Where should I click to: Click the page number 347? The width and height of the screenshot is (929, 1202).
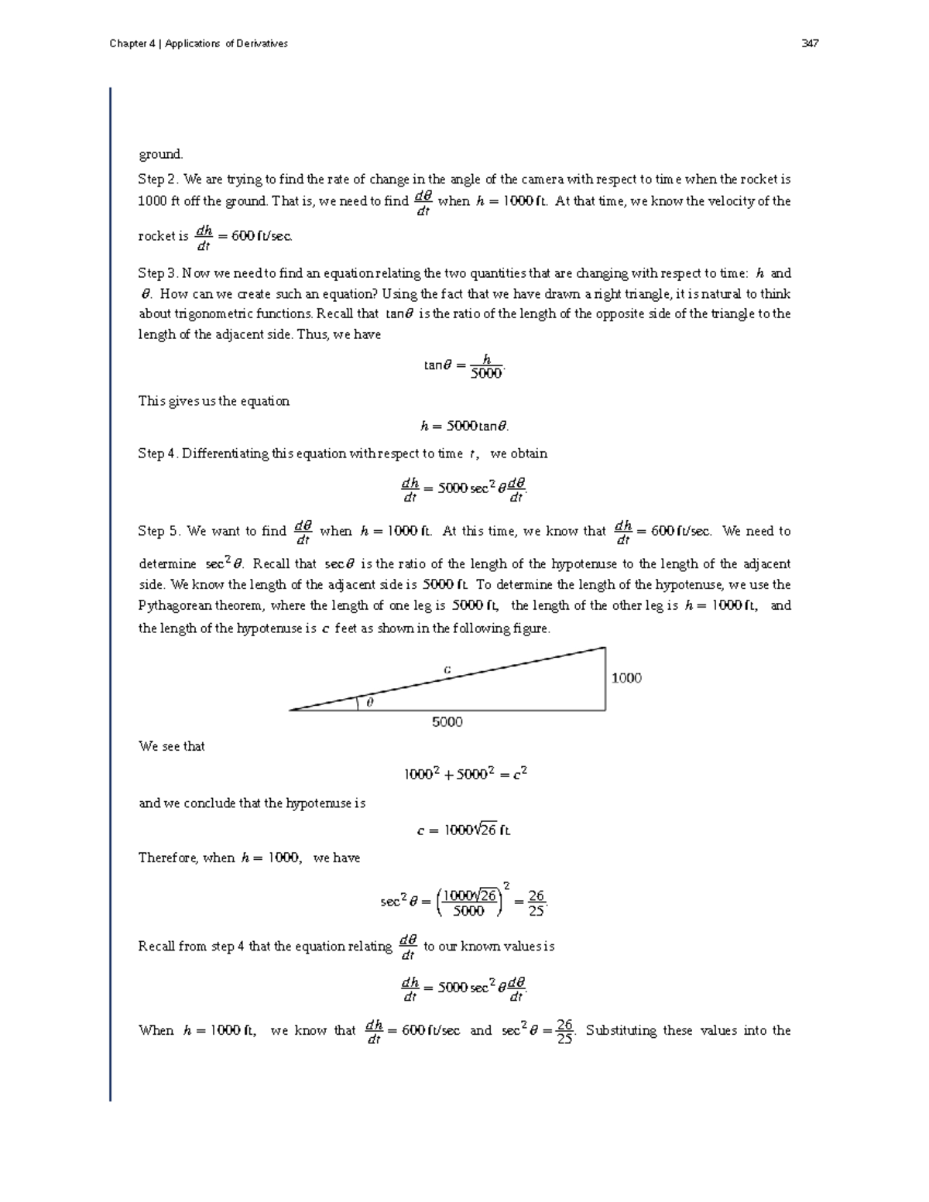coord(811,43)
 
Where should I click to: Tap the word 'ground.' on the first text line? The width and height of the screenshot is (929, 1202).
coord(160,154)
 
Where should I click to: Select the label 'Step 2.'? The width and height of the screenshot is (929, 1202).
coord(158,180)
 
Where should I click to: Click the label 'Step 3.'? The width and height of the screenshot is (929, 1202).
coord(158,273)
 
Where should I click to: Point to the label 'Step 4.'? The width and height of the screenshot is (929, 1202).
coord(158,454)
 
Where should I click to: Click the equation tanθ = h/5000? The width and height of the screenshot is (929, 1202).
coord(464,365)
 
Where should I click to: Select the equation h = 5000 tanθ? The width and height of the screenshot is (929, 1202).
coord(464,426)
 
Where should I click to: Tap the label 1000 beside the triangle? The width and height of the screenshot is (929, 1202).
coord(626,678)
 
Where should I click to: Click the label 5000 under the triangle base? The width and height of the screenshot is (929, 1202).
coord(447,721)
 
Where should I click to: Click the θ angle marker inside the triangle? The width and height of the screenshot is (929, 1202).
coord(369,702)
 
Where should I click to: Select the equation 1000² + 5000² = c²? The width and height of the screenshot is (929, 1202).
coord(465,774)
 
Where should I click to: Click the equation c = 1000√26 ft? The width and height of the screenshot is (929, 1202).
coord(464,830)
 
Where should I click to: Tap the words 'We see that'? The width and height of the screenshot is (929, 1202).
coord(171,746)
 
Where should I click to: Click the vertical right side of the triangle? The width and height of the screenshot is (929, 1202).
coord(605,679)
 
